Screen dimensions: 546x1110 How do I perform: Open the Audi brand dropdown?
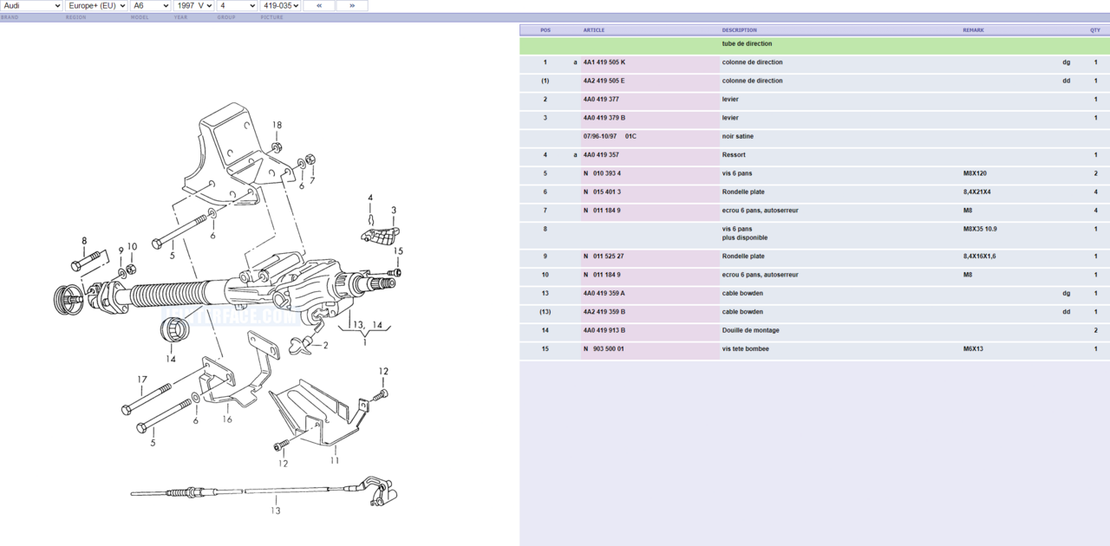pyautogui.click(x=31, y=6)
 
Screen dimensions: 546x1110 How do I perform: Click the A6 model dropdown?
pyautogui.click(x=149, y=6)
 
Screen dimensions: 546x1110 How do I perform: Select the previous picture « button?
pyautogui.click(x=319, y=6)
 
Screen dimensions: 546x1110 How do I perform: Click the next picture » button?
pyautogui.click(x=351, y=6)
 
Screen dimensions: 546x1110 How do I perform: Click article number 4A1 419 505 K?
pyautogui.click(x=604, y=62)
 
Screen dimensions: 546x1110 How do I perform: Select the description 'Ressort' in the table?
pyautogui.click(x=735, y=155)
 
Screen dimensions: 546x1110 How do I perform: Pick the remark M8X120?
pyautogui.click(x=975, y=173)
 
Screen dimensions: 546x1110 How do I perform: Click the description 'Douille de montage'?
pyautogui.click(x=750, y=330)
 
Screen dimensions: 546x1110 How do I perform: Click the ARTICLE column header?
pyautogui.click(x=594, y=30)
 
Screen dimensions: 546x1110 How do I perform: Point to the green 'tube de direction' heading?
pyautogui.click(x=747, y=44)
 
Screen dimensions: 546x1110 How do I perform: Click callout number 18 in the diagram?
pyautogui.click(x=277, y=125)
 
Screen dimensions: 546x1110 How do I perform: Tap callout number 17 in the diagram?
pyautogui.click(x=141, y=380)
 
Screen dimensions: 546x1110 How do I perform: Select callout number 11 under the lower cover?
pyautogui.click(x=334, y=460)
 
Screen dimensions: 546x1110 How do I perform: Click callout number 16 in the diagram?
pyautogui.click(x=227, y=419)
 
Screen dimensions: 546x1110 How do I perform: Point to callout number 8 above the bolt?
pyautogui.click(x=84, y=241)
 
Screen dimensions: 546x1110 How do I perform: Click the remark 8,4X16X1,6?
pyautogui.click(x=979, y=257)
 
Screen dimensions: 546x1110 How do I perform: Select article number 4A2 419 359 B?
pyautogui.click(x=604, y=312)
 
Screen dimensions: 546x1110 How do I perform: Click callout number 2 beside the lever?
pyautogui.click(x=325, y=345)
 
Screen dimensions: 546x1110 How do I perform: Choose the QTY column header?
pyautogui.click(x=1094, y=30)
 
